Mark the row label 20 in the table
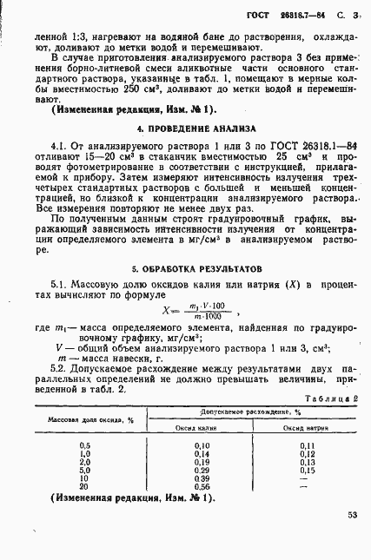(84, 487)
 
